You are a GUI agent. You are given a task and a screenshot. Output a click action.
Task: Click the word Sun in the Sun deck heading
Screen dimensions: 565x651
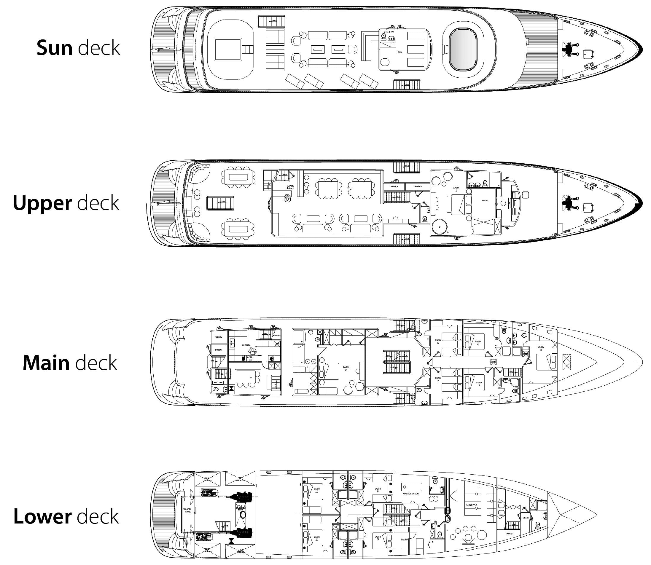click(x=54, y=48)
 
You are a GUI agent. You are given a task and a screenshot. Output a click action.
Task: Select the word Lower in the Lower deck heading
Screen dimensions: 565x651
click(x=42, y=516)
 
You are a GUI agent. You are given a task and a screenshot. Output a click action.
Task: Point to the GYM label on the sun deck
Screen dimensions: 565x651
click(x=399, y=52)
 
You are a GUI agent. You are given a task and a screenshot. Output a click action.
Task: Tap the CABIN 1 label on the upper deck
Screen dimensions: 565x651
click(x=456, y=189)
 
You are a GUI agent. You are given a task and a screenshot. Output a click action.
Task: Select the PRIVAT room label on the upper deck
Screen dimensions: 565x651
click(x=485, y=200)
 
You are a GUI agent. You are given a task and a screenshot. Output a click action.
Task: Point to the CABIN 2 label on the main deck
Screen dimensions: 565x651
click(x=346, y=368)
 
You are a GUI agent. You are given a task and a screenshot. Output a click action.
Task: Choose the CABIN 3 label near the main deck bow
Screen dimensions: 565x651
click(x=541, y=348)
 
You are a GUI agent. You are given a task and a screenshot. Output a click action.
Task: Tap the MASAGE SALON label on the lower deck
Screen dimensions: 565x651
click(x=410, y=494)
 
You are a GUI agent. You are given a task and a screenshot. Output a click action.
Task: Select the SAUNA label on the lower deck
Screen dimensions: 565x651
click(x=404, y=540)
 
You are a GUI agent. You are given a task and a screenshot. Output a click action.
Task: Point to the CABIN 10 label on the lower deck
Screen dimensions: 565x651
click(x=317, y=490)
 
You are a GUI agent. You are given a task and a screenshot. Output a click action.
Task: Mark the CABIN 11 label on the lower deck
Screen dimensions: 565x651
click(x=317, y=538)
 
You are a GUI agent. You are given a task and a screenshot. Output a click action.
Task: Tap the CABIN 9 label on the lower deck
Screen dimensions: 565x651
click(x=378, y=537)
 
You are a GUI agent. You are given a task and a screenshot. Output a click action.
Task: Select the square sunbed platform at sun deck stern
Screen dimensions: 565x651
click(x=228, y=50)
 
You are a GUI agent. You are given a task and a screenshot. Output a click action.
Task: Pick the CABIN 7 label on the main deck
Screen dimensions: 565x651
click(x=438, y=379)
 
